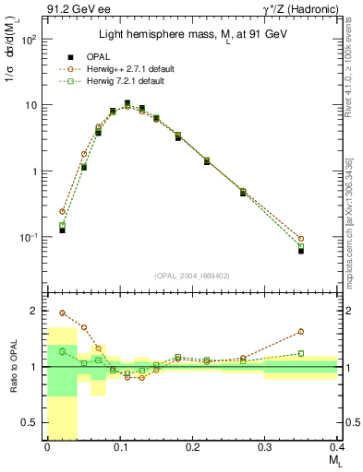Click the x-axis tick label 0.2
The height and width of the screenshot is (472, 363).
point(191,446)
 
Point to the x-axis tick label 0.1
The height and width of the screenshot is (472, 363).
point(119,446)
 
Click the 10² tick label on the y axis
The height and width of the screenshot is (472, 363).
point(30,40)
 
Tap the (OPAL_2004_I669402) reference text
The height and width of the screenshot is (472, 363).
point(191,275)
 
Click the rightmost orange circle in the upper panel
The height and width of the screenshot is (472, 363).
point(301,239)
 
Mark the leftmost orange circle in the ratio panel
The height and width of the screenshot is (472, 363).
point(62,313)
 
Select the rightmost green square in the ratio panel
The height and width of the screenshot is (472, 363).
point(301,353)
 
